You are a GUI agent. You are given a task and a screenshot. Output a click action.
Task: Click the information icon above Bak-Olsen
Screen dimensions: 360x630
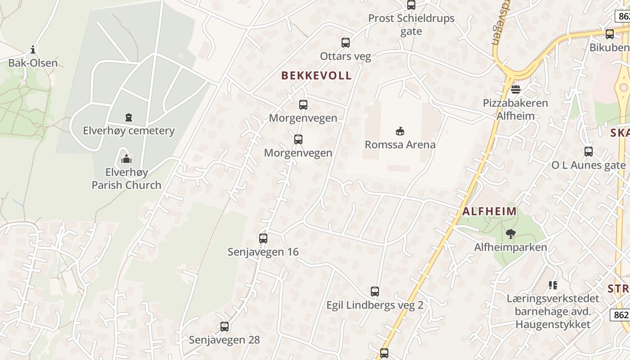[33, 49]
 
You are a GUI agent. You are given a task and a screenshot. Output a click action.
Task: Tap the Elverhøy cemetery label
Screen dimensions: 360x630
[129, 131]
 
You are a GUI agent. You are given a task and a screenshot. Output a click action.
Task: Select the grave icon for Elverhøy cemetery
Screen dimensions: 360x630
[129, 117]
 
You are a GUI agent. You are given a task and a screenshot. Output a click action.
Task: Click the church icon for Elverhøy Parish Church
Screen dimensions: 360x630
[126, 159]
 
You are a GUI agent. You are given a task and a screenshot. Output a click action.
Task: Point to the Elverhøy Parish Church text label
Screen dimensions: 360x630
[126, 179]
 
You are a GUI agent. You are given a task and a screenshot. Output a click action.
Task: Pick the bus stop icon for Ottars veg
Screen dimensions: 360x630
[346, 43]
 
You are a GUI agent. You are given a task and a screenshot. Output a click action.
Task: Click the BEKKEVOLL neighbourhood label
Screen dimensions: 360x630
[316, 76]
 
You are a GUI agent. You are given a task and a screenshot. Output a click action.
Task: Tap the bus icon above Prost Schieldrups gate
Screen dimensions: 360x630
[411, 5]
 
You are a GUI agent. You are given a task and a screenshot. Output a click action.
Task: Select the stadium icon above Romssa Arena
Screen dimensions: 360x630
[400, 131]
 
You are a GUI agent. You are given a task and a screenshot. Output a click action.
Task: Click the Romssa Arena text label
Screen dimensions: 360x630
[400, 145]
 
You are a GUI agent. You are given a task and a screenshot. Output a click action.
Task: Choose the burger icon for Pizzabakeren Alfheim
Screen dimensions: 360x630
[516, 89]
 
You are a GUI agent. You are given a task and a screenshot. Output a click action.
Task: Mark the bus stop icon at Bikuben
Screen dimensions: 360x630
[610, 34]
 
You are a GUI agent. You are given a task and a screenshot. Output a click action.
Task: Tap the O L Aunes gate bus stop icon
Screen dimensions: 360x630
[589, 152]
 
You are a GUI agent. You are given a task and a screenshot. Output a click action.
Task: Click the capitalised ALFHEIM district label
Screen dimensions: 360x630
[490, 211]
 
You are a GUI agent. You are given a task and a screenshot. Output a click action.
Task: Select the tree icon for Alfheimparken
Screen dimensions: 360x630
[510, 234]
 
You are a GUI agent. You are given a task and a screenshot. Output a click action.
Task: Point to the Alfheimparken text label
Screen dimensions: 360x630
[511, 247]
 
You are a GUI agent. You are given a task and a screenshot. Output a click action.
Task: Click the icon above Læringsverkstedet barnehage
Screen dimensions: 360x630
[553, 285]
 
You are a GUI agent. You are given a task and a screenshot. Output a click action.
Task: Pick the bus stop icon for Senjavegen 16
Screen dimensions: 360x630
[263, 238]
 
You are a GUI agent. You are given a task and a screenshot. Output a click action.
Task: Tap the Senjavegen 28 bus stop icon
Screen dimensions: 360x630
[225, 327]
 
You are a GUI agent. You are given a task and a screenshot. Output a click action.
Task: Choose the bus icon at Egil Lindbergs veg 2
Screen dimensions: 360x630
[375, 292]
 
